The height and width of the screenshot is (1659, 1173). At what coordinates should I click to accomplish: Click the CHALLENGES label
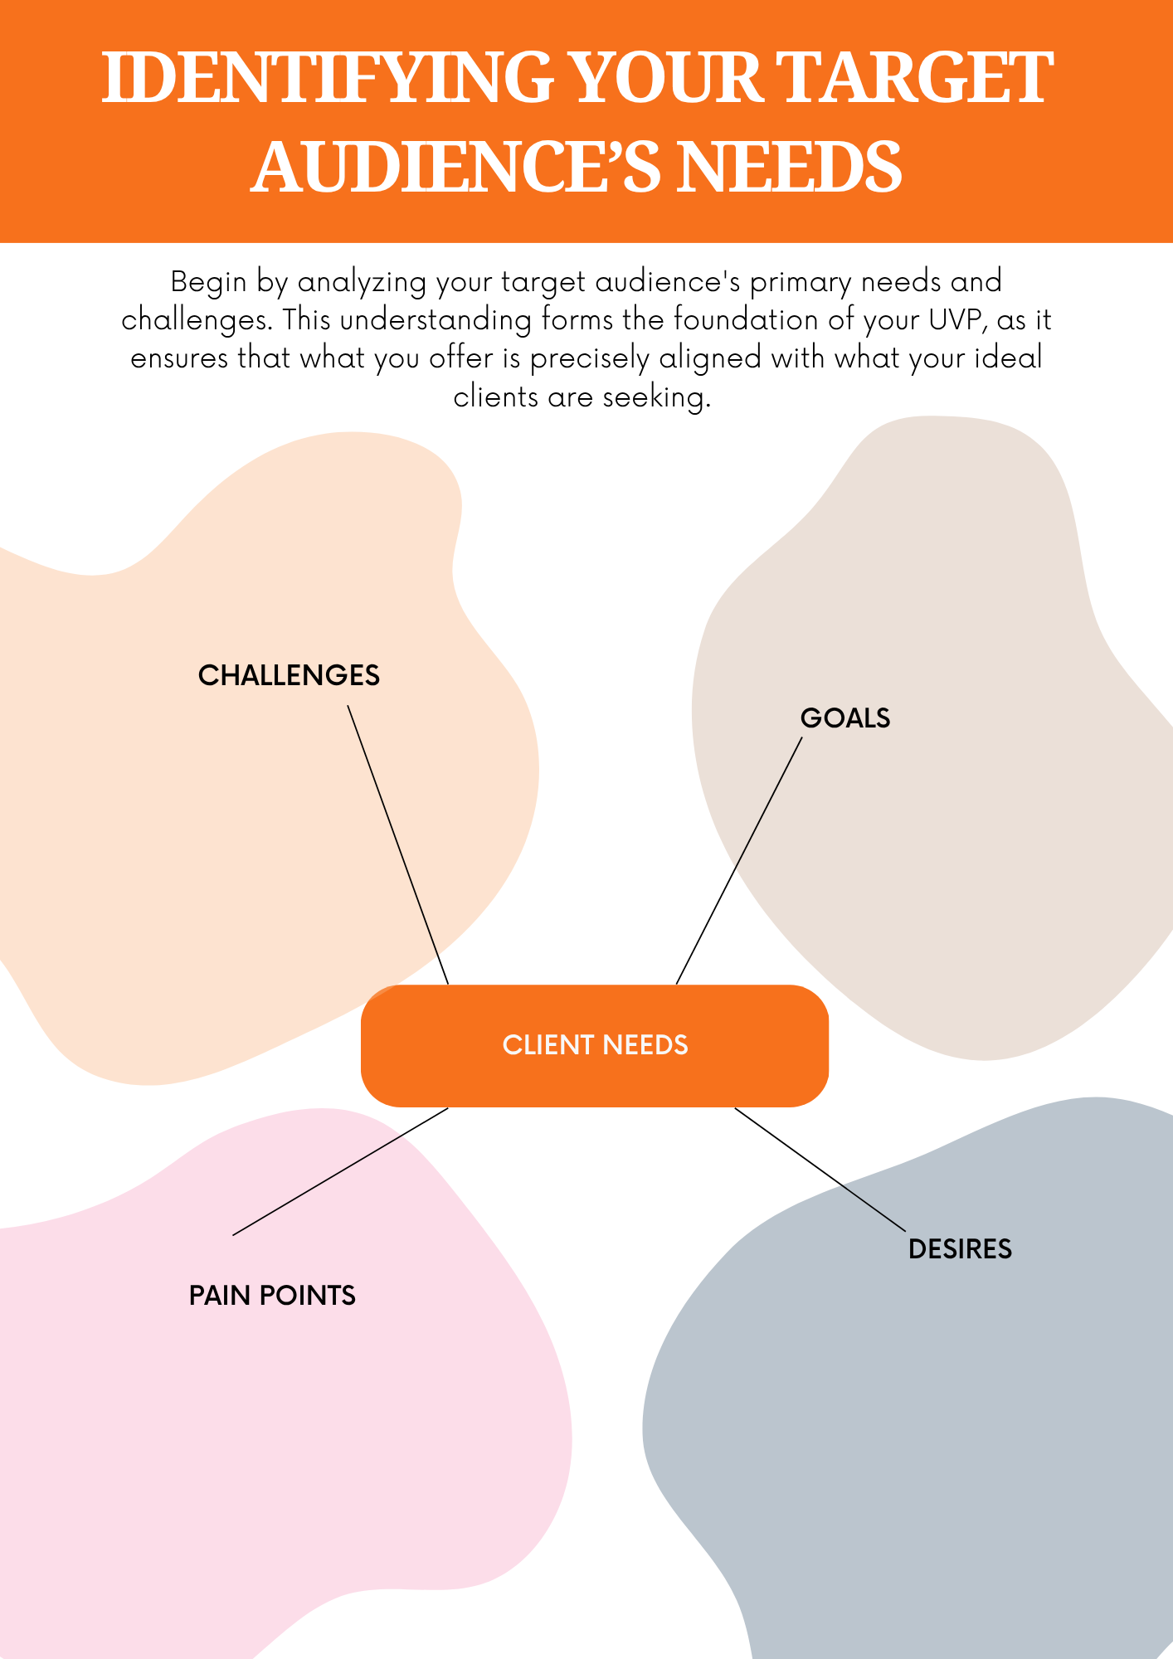(x=289, y=675)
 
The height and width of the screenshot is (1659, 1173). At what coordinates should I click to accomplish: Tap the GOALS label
(x=844, y=718)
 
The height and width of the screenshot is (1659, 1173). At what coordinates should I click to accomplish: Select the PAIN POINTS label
(x=272, y=1296)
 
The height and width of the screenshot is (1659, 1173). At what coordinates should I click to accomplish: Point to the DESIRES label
(x=960, y=1249)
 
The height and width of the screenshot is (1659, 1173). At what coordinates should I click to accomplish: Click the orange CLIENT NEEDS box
(x=595, y=1045)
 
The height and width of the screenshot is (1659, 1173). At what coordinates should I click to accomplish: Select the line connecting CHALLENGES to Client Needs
(x=398, y=845)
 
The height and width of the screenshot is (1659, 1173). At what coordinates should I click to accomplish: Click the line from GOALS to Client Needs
(x=739, y=861)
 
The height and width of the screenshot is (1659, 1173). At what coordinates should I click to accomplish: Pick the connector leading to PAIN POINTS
(x=340, y=1171)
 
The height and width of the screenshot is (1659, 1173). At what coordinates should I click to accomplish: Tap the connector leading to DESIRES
(x=820, y=1169)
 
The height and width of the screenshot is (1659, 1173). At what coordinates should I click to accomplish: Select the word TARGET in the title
(x=917, y=78)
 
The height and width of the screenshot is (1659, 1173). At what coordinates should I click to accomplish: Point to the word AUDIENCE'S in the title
(x=455, y=168)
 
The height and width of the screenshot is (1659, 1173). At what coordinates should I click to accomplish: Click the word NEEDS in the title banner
(x=789, y=168)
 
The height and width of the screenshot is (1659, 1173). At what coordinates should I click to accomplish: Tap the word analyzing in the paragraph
(x=362, y=283)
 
